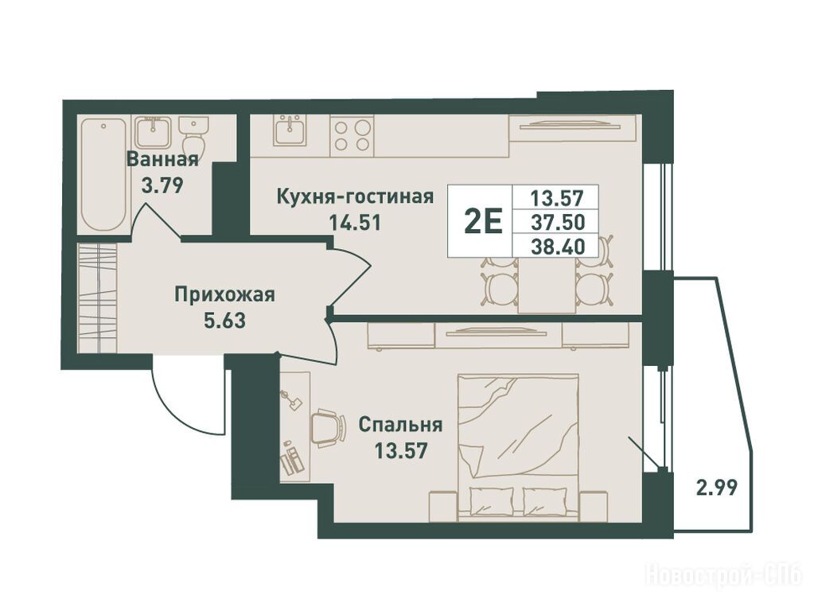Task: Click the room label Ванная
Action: tap(162, 159)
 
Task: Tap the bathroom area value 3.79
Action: tap(163, 185)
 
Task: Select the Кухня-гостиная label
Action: tap(355, 197)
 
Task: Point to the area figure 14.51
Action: tap(355, 223)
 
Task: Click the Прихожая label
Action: tap(224, 296)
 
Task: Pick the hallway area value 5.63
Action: tap(224, 321)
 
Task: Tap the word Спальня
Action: tap(401, 425)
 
